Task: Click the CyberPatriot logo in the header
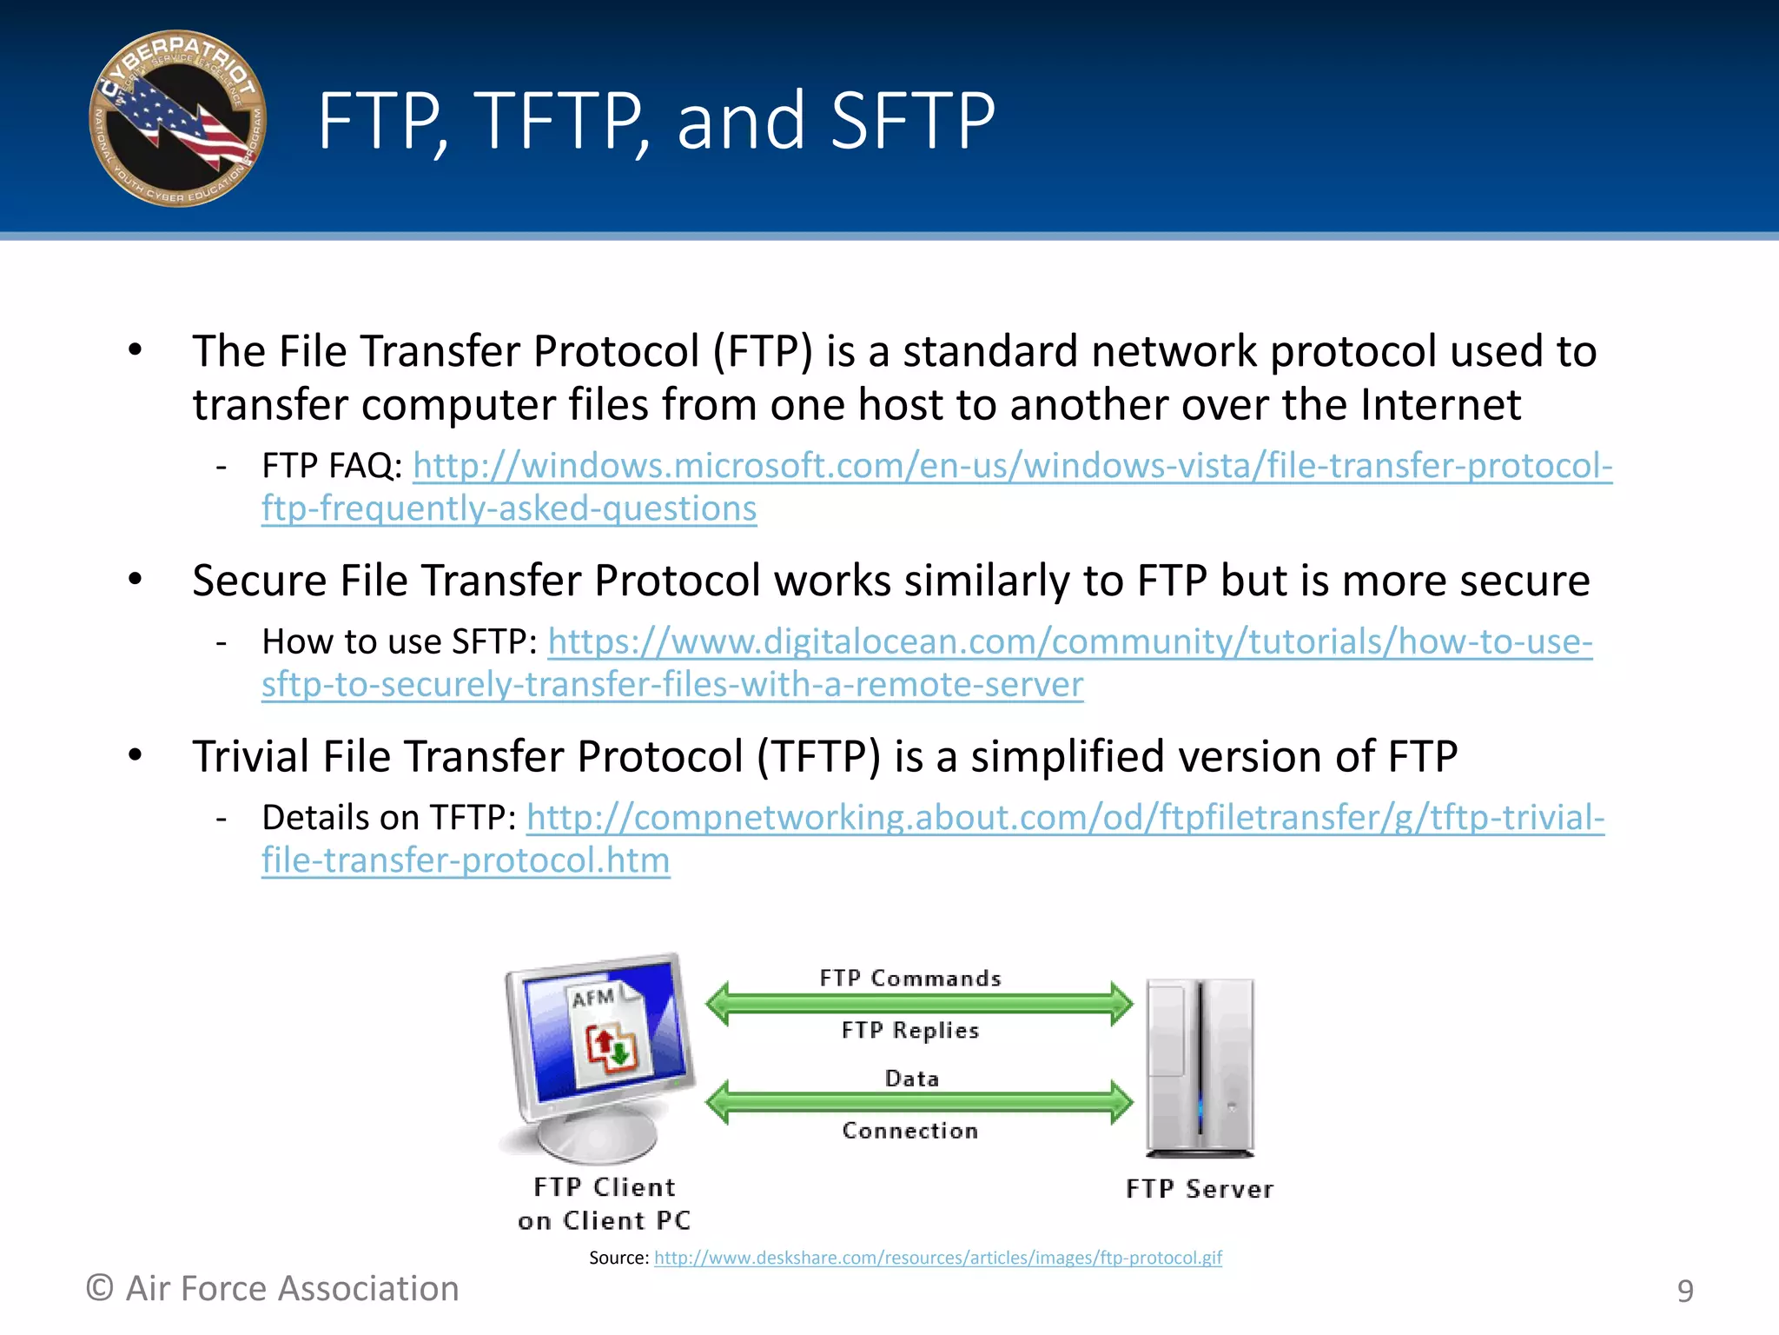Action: pos(178,119)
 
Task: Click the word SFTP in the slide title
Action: pos(912,121)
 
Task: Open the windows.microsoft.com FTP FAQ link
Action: pos(1012,467)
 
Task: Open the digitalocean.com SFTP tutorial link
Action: pos(1069,642)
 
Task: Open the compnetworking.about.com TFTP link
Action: pos(1065,818)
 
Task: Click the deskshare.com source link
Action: pos(937,1258)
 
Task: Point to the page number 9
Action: pos(1684,1291)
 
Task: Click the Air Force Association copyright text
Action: pos(273,1288)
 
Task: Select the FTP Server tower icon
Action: pos(1200,1069)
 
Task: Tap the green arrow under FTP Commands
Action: pos(919,1004)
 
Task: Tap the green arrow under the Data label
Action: pos(919,1102)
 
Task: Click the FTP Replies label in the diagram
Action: pos(910,1031)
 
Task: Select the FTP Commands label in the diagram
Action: pos(910,979)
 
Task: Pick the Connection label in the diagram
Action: pos(910,1131)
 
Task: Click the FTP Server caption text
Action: pos(1200,1189)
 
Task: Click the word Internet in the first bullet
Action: pos(1440,406)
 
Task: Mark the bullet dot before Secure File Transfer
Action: pos(135,579)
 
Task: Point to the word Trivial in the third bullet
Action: pos(250,757)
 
